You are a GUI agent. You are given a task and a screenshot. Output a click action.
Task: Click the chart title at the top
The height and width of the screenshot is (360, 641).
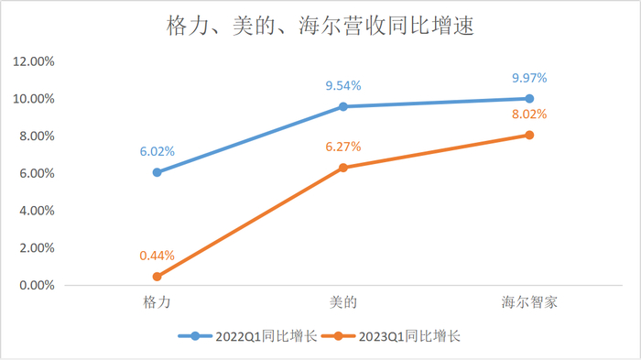point(320,26)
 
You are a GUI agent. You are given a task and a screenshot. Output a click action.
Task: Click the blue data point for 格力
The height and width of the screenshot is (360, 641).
point(158,172)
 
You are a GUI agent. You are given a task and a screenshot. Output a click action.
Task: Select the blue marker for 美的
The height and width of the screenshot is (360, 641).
point(343,106)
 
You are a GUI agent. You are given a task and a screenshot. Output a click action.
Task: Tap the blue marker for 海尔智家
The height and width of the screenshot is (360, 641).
point(529,98)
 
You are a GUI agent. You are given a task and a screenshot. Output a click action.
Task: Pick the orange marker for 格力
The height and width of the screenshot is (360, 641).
point(158,276)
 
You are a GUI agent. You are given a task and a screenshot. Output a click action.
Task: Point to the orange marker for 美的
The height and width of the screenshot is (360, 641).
point(343,168)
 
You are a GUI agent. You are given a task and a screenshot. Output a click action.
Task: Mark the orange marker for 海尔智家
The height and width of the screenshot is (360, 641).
point(529,135)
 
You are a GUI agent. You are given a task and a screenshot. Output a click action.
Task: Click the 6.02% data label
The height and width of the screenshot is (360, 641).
point(158,151)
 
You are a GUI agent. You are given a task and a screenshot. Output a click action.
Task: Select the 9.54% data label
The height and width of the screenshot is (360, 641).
point(343,85)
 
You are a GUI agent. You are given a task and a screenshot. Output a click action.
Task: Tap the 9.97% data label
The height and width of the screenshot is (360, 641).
point(529,78)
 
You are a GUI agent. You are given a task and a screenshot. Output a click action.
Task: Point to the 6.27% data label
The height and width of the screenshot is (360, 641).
point(343,147)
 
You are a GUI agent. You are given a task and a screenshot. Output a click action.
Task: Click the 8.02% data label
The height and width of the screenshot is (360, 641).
point(529,115)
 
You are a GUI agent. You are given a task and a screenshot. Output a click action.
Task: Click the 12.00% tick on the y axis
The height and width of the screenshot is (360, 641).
point(33,61)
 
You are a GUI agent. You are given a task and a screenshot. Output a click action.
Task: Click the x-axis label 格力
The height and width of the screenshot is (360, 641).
point(158,301)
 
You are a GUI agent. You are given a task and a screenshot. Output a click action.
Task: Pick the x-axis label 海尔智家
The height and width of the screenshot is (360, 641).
point(529,301)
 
